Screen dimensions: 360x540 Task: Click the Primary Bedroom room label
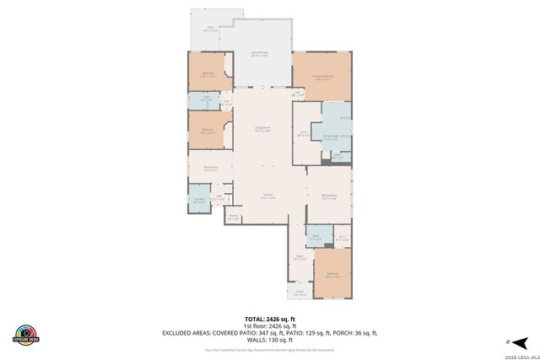click(324, 77)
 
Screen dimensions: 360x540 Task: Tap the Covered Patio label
click(260, 54)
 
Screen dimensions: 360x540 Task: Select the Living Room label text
click(263, 129)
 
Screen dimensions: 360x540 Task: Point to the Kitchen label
click(267, 196)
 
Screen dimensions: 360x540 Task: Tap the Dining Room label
click(329, 198)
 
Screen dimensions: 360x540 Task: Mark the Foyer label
click(300, 258)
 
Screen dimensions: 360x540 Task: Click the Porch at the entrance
click(300, 293)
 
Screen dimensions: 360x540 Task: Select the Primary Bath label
click(330, 136)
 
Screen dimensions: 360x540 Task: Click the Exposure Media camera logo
click(26, 334)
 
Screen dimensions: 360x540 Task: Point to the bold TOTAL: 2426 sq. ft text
click(269, 319)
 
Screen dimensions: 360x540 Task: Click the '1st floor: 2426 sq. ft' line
click(269, 325)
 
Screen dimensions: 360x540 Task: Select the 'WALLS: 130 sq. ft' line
click(269, 340)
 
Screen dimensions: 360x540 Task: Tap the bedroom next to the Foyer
click(332, 275)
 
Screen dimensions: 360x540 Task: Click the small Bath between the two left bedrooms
click(207, 100)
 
